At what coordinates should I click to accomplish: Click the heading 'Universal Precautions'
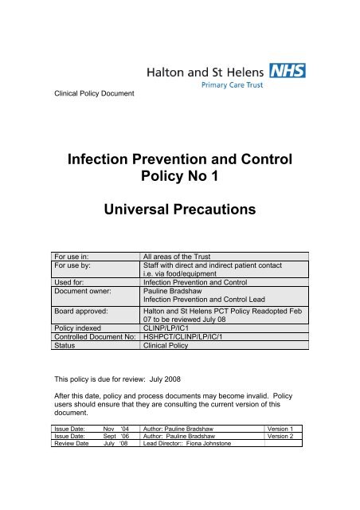point(179,211)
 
